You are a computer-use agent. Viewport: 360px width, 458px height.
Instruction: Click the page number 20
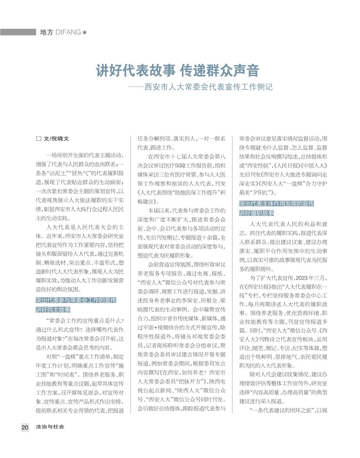[25, 427]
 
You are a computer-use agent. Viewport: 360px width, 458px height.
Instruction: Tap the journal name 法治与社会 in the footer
[50, 427]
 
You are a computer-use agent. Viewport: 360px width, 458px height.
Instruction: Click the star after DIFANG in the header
[85, 32]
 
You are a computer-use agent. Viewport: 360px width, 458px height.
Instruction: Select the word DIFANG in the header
[68, 32]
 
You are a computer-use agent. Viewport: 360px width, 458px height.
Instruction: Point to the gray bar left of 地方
[18, 32]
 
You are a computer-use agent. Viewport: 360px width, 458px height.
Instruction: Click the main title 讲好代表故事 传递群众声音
[177, 70]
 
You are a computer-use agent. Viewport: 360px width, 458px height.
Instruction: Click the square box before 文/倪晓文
[39, 139]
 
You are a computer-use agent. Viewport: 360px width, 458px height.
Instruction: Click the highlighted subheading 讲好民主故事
[53, 310]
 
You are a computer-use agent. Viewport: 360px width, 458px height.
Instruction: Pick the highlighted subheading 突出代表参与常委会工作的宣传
[76, 300]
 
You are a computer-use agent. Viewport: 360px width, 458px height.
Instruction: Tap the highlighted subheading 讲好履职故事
[257, 213]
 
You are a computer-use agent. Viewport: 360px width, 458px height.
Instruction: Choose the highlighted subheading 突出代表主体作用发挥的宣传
[277, 204]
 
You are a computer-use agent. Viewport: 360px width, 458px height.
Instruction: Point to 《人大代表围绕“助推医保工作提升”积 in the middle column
[181, 193]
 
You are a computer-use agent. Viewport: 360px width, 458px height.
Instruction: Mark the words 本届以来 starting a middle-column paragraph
[159, 210]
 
